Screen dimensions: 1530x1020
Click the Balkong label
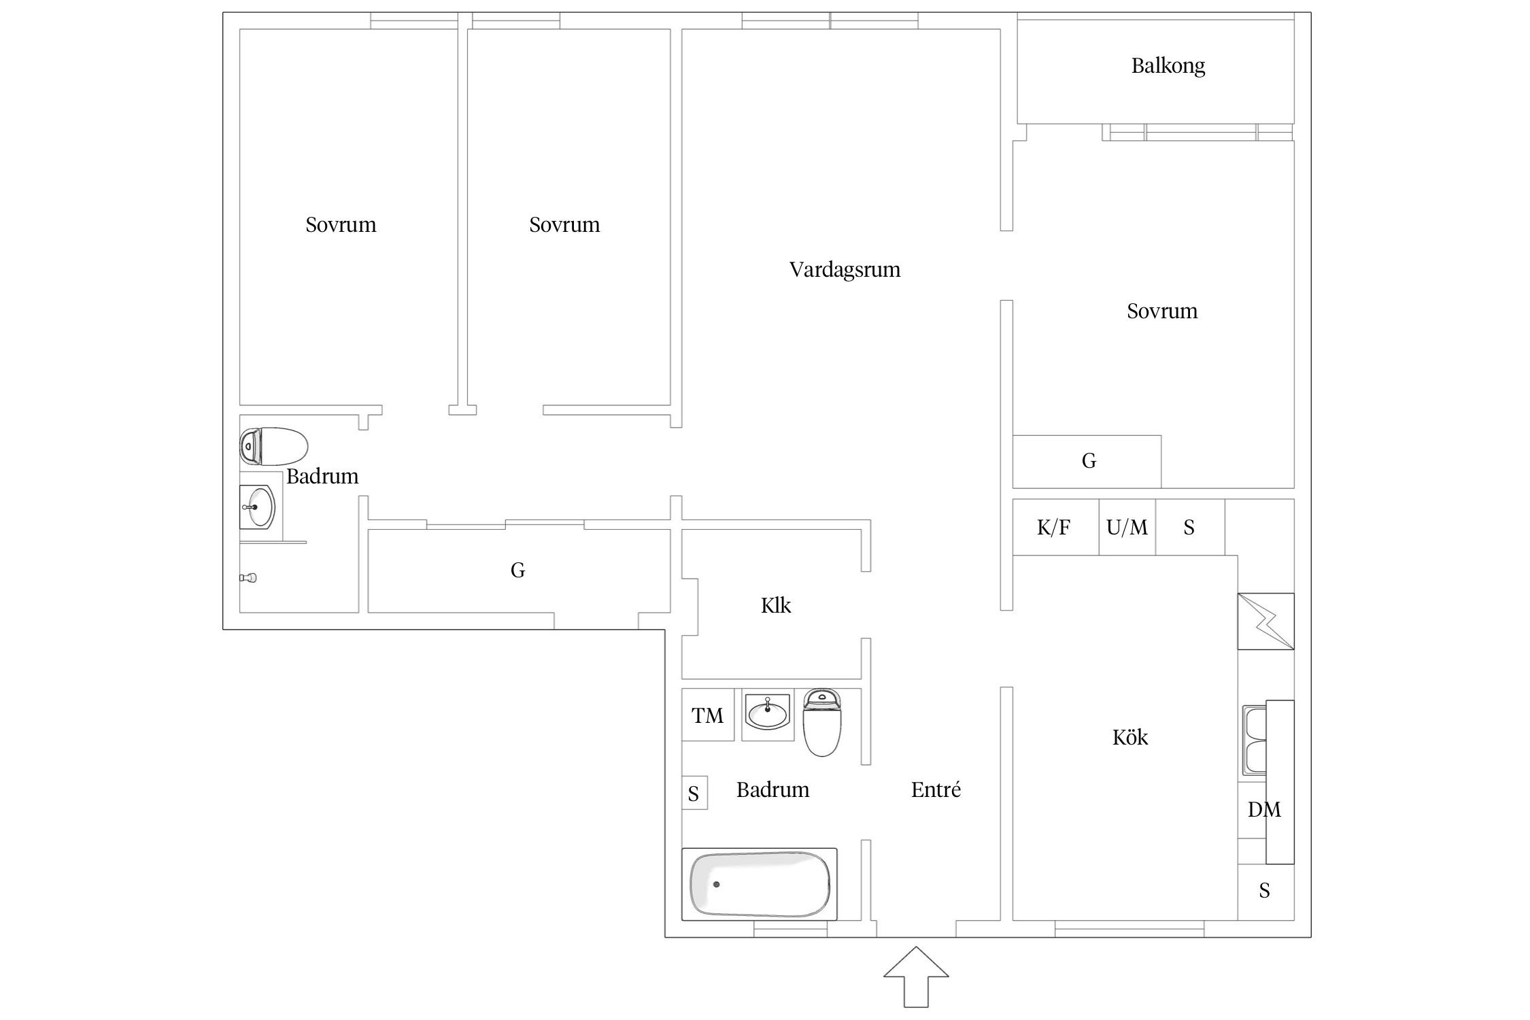point(1168,66)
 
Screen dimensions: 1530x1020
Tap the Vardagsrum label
point(845,270)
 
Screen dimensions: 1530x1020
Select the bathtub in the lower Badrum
point(760,884)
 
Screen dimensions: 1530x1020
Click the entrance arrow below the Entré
point(916,976)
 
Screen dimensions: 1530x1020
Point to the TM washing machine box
point(708,715)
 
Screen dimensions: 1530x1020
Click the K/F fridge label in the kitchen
point(1053,527)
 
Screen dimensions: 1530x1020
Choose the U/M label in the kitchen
point(1127,527)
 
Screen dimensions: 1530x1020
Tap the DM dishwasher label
point(1264,809)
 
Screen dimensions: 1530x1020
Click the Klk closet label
point(776,605)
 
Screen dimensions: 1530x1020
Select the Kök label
point(1129,737)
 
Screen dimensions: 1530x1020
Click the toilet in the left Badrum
point(273,446)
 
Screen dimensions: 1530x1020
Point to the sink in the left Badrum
point(257,507)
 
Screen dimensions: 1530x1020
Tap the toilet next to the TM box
point(822,722)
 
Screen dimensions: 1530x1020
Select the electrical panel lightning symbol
point(1265,621)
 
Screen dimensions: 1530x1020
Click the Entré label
point(936,789)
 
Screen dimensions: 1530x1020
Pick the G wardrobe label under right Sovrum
point(1089,461)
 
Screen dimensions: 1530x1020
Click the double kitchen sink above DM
point(1255,741)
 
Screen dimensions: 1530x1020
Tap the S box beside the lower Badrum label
point(694,793)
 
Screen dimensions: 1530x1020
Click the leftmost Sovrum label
point(341,225)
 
